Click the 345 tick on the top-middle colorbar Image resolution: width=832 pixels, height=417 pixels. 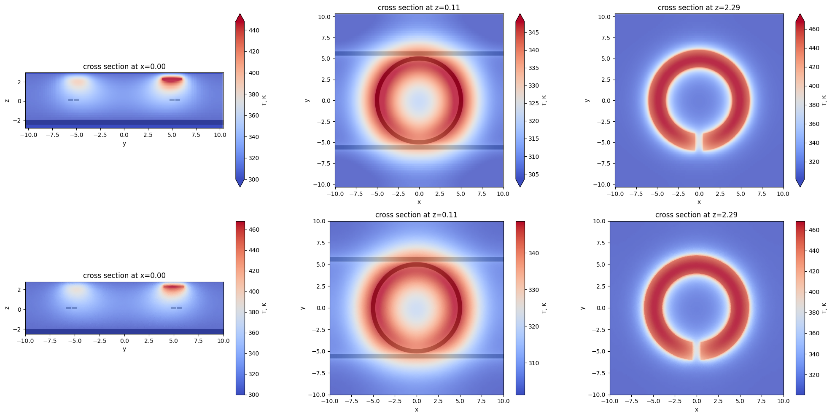[533, 32]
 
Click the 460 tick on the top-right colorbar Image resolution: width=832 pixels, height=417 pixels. [814, 29]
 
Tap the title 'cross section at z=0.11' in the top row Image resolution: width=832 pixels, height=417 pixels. [419, 8]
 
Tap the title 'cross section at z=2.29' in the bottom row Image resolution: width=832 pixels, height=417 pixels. [696, 215]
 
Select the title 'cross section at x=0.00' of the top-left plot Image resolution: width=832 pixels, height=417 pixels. [124, 67]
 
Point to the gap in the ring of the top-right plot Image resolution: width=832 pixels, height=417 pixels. [699, 142]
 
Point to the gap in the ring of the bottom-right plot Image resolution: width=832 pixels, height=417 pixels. [697, 350]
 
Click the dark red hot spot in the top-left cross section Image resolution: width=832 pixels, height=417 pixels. [172, 79]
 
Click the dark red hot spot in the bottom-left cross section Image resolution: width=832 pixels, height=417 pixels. [173, 286]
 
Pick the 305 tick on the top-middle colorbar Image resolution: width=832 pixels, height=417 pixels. [533, 174]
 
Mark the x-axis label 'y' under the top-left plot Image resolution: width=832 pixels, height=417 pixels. [124, 143]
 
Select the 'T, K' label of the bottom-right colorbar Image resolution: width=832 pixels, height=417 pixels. [824, 308]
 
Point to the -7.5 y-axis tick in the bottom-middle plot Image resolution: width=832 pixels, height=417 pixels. [319, 373]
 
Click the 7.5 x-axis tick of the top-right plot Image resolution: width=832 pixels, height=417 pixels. [762, 194]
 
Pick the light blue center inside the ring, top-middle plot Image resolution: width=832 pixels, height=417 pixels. [419, 101]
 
